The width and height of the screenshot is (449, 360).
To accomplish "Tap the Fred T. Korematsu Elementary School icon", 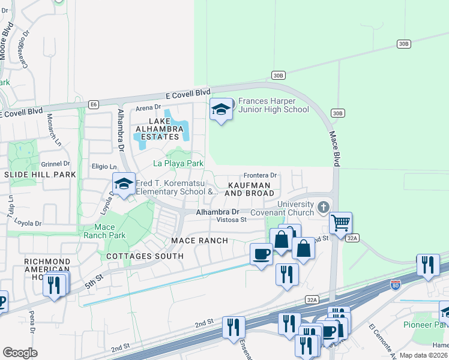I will click(124, 184).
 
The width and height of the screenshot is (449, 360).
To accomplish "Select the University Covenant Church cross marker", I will click(324, 208).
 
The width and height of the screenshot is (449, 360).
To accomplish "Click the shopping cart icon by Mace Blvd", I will click(341, 223).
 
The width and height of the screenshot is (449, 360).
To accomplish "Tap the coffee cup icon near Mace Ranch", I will click(261, 254).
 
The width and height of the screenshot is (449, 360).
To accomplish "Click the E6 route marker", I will click(93, 104).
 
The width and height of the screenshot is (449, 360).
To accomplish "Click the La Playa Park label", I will click(178, 163).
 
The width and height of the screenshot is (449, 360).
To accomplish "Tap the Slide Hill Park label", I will click(40, 175).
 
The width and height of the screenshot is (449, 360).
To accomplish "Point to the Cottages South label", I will click(145, 256).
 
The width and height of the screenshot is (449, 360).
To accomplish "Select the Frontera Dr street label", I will click(260, 175).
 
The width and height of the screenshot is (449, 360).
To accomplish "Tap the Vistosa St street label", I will click(232, 220).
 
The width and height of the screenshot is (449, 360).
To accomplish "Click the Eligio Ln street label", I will click(104, 166).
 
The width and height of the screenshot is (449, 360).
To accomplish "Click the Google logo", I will click(20, 353).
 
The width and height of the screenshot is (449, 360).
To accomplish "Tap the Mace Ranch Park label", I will click(109, 231).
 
